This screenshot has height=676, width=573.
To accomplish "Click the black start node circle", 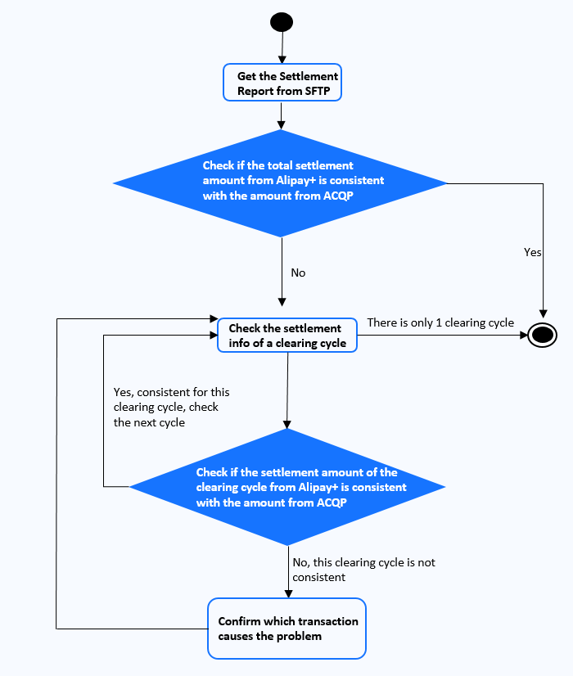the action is coord(282,22).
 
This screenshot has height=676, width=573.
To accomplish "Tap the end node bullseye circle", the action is coord(543,335).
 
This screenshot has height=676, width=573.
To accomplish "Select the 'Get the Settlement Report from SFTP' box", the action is coord(282,83).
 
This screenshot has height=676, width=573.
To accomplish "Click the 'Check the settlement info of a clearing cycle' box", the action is coord(287,335).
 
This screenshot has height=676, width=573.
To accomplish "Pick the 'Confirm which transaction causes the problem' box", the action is coord(286,629).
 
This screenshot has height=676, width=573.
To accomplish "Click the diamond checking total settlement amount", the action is coord(280,183).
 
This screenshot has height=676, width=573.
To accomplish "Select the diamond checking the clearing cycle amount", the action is coord(287,487).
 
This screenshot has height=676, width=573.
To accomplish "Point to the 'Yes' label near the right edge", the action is coord(532,252).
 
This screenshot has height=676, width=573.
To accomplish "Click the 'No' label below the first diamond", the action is coord(298,273).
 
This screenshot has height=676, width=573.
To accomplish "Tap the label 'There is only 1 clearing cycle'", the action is coord(440,323).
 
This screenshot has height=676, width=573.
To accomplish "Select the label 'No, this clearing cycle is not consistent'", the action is coord(364,570).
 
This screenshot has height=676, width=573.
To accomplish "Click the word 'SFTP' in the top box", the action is coord(318,91).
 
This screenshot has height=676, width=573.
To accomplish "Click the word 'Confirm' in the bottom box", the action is coord(239,621).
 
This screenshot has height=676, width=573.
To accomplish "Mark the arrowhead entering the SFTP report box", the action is coord(282,60).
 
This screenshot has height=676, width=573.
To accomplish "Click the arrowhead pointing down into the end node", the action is coord(544,314).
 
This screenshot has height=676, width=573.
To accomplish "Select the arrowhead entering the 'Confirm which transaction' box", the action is coord(288,593).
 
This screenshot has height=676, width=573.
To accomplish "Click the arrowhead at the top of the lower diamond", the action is coord(286,424).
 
